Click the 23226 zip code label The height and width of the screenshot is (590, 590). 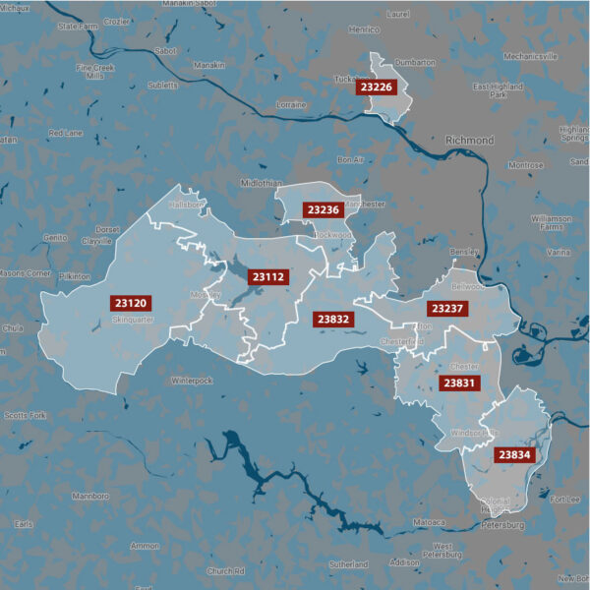[376, 88]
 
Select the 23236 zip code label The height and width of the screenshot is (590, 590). [323, 209]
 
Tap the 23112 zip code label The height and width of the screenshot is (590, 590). [266, 277]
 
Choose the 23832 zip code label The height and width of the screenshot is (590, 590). [332, 319]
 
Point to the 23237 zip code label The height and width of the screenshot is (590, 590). [446, 309]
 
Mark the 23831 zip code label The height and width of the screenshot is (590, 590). [459, 383]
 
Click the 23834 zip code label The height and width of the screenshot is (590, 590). [513, 454]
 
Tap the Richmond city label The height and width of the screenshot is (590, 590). [469, 141]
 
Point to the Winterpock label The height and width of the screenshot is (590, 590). [192, 380]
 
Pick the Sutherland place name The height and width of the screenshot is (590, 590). [348, 564]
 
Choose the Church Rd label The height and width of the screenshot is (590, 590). [225, 570]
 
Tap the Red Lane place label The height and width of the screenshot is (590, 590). [66, 133]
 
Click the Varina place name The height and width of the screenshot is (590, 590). [558, 253]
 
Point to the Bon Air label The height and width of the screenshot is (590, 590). [351, 159]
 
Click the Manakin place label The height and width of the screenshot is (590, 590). [208, 65]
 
